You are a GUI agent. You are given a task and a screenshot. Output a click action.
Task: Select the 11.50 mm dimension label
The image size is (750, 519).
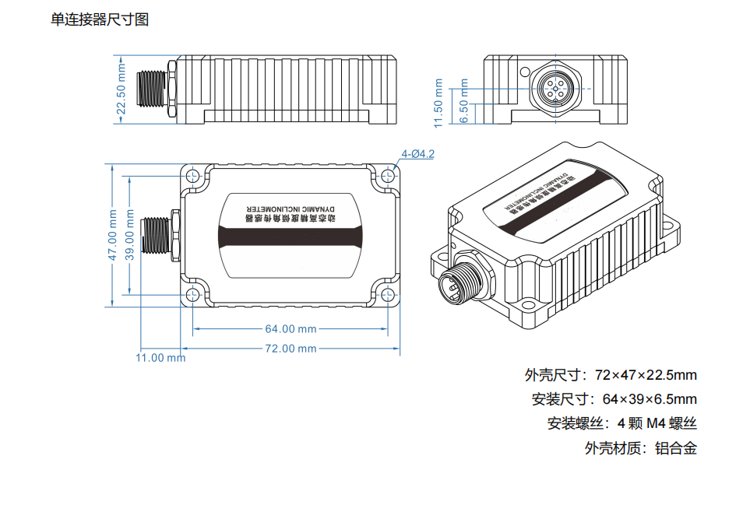[438, 102]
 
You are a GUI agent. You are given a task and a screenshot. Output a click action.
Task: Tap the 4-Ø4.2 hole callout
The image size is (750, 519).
[417, 154]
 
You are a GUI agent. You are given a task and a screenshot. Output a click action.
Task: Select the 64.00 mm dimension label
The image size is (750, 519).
[290, 328]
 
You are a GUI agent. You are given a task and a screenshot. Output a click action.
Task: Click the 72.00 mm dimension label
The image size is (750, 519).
[290, 349]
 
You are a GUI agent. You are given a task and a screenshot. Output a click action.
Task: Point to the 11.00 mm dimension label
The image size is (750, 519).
[160, 358]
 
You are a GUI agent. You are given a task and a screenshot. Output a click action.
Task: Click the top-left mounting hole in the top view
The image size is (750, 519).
[192, 177]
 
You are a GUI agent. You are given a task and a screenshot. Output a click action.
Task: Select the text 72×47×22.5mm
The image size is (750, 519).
[646, 375]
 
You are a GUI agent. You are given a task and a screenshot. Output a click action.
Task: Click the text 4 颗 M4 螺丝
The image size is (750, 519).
[657, 424]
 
